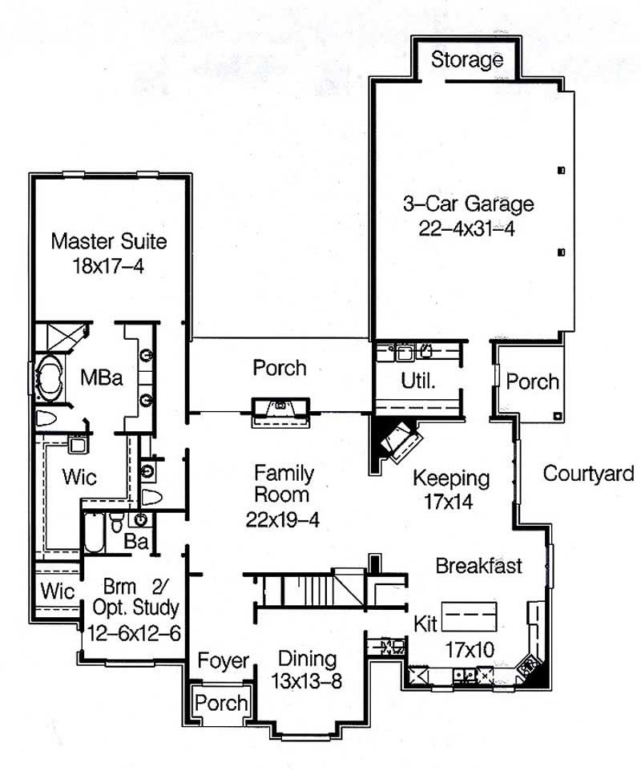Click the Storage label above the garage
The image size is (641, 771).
pos(467,59)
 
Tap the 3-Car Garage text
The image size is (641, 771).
pos(467,204)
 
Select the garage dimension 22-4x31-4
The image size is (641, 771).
pos(467,228)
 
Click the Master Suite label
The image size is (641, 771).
pos(109,240)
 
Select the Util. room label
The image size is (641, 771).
pos(417,381)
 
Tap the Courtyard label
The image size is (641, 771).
pos(588,473)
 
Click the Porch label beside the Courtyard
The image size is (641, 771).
pos(533,381)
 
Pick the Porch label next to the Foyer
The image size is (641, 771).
pos(222,702)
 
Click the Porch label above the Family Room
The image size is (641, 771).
pos(279,368)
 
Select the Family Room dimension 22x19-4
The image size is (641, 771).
pos(283,519)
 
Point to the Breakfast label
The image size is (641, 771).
pos(478,566)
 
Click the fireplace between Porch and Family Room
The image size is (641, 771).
pos(280,410)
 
